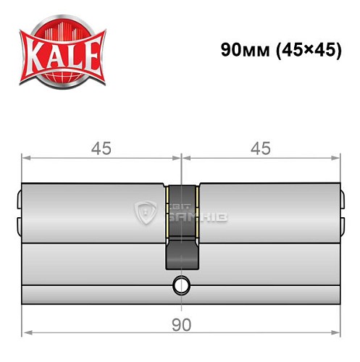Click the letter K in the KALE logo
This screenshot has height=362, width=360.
(x=35, y=56)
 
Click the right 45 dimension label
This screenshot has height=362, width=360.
(x=260, y=148)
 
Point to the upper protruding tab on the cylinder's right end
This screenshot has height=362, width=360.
(x=343, y=194)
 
